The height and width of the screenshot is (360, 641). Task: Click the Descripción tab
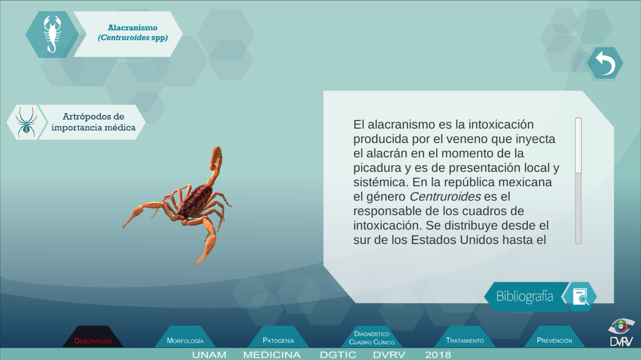point(93,338)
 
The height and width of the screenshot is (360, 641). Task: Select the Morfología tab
point(185,338)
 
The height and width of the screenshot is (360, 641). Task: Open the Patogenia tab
point(278,338)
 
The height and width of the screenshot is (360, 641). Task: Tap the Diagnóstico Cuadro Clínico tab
point(372,338)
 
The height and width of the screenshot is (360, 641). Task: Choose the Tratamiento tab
point(465,338)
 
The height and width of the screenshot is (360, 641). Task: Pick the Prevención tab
point(554,338)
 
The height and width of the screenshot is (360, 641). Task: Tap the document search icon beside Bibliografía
point(580,297)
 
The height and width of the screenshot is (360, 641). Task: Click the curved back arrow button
point(605,63)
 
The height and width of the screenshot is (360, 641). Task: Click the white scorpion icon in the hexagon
point(53,34)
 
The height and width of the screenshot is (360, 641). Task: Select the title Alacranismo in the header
point(133,28)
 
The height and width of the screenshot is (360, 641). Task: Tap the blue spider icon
point(26,122)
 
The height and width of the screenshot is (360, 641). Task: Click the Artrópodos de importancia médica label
point(93,122)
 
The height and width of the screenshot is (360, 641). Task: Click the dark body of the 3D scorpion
point(196,200)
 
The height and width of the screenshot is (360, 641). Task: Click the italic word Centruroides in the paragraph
point(445,197)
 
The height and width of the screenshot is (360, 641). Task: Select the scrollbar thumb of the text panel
point(579,145)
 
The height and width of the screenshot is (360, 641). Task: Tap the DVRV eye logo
point(621,332)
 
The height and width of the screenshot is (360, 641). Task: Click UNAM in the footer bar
point(209,355)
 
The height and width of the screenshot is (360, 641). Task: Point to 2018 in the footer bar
point(438,355)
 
